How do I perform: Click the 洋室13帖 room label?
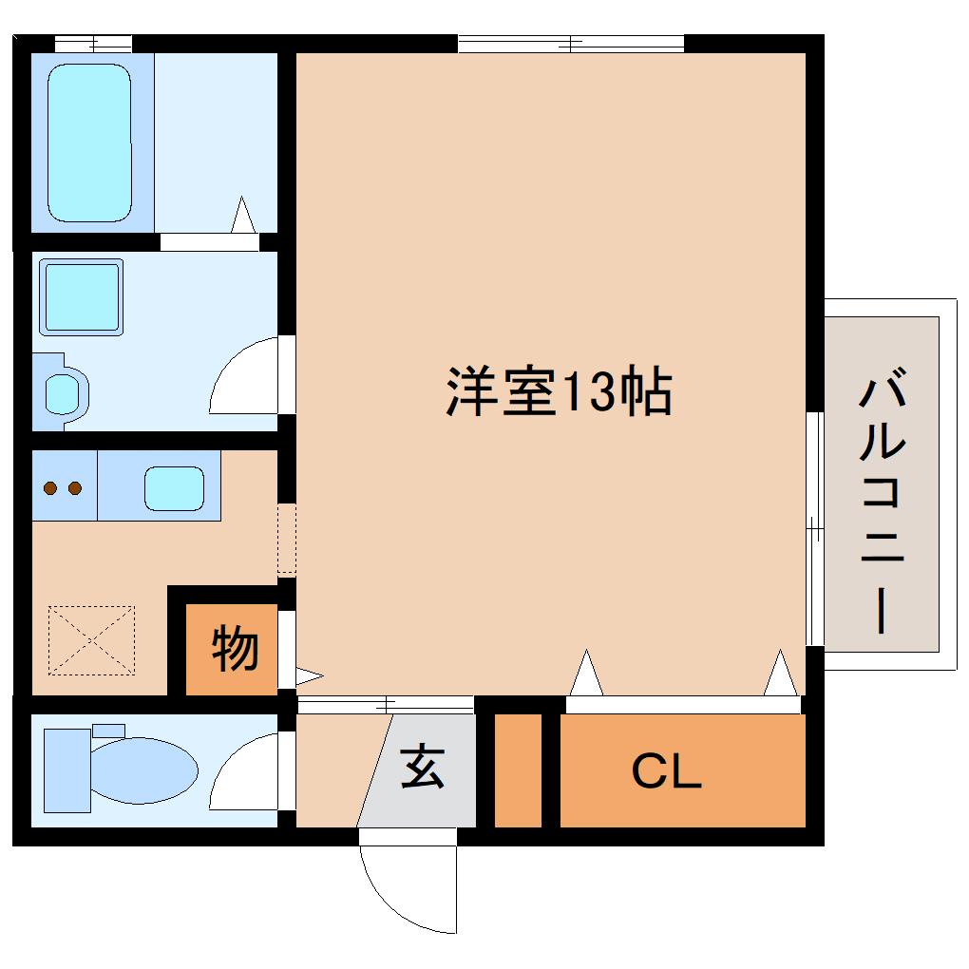[559, 391]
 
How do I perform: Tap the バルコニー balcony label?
[883, 504]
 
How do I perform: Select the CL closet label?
[667, 772]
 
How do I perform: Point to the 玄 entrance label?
[422, 767]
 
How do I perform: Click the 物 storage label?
[234, 649]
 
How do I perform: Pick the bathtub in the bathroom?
[89, 142]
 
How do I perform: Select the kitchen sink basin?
[174, 487]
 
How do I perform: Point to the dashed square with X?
[91, 640]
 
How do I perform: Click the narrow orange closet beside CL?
[518, 769]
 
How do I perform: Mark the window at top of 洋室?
[570, 43]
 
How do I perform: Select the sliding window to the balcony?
[813, 528]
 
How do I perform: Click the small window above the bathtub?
[92, 43]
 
